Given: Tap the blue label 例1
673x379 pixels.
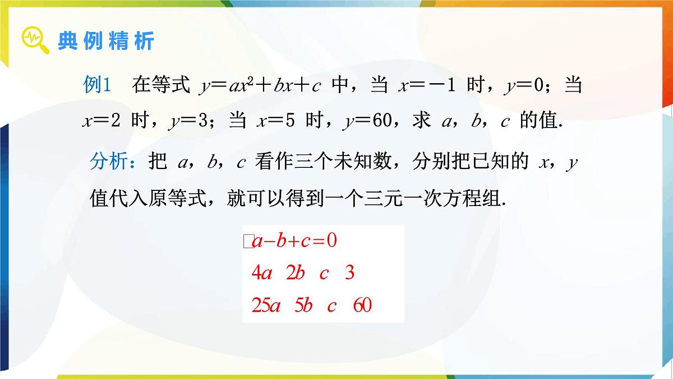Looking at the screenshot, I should point(99,85).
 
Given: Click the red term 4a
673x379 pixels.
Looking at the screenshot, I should point(262,273).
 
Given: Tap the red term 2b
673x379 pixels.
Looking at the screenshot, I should point(294,273).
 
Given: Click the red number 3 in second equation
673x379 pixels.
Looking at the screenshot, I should point(350,273).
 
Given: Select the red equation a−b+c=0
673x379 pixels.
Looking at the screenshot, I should point(294,241).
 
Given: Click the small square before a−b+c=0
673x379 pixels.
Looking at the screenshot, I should point(247,241).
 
